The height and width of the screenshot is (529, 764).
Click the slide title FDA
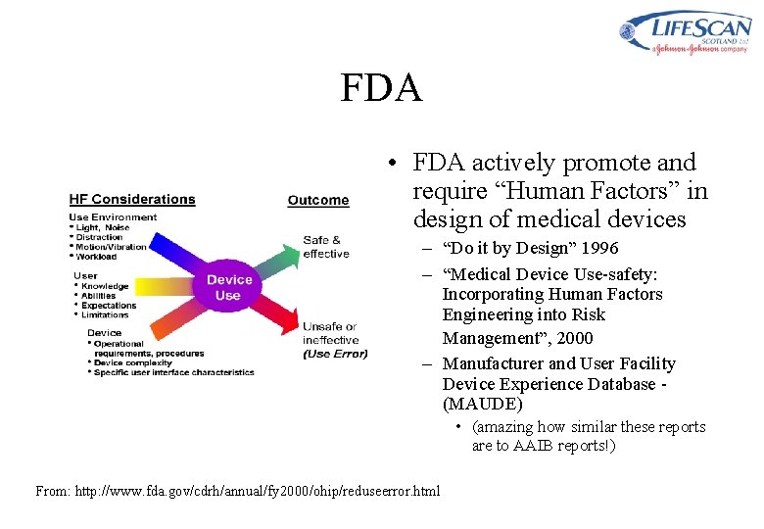[x=381, y=88]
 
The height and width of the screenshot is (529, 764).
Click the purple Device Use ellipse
[x=227, y=287]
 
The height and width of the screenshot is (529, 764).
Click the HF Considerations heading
[x=131, y=199]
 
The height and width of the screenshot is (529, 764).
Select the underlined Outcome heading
[x=317, y=200]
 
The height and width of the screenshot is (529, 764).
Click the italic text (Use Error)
[x=335, y=354]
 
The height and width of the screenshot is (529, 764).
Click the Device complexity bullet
[x=135, y=362]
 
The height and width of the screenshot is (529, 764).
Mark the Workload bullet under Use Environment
[x=97, y=257]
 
